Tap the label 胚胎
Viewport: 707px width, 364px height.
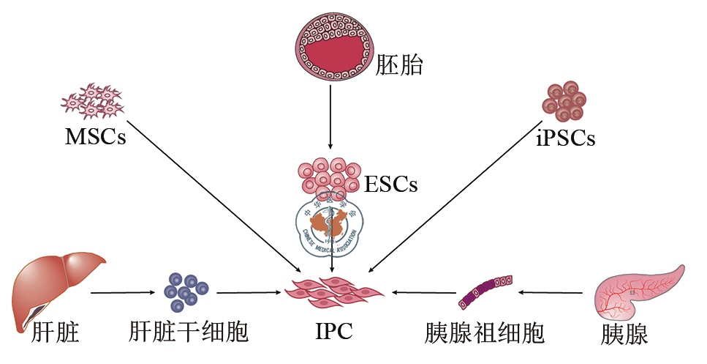click(400, 65)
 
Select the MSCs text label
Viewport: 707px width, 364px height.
click(96, 137)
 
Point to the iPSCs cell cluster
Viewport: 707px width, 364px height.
click(564, 100)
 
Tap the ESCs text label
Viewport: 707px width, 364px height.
click(390, 183)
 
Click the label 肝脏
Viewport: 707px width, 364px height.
click(55, 334)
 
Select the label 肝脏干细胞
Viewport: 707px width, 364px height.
click(189, 334)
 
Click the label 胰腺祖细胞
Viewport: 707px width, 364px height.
click(485, 334)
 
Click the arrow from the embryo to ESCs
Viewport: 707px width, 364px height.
click(330, 118)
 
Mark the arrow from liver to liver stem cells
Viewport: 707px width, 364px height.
click(125, 293)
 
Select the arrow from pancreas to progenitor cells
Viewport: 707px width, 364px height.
click(552, 293)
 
